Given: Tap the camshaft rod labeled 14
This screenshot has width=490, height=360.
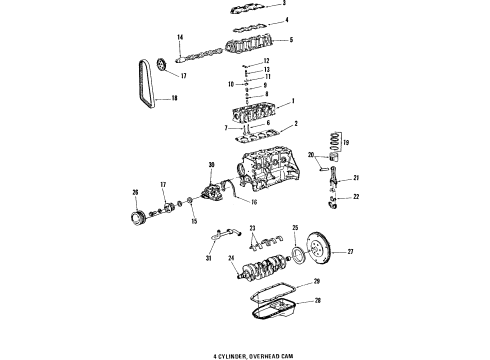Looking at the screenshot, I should coord(206,49).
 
